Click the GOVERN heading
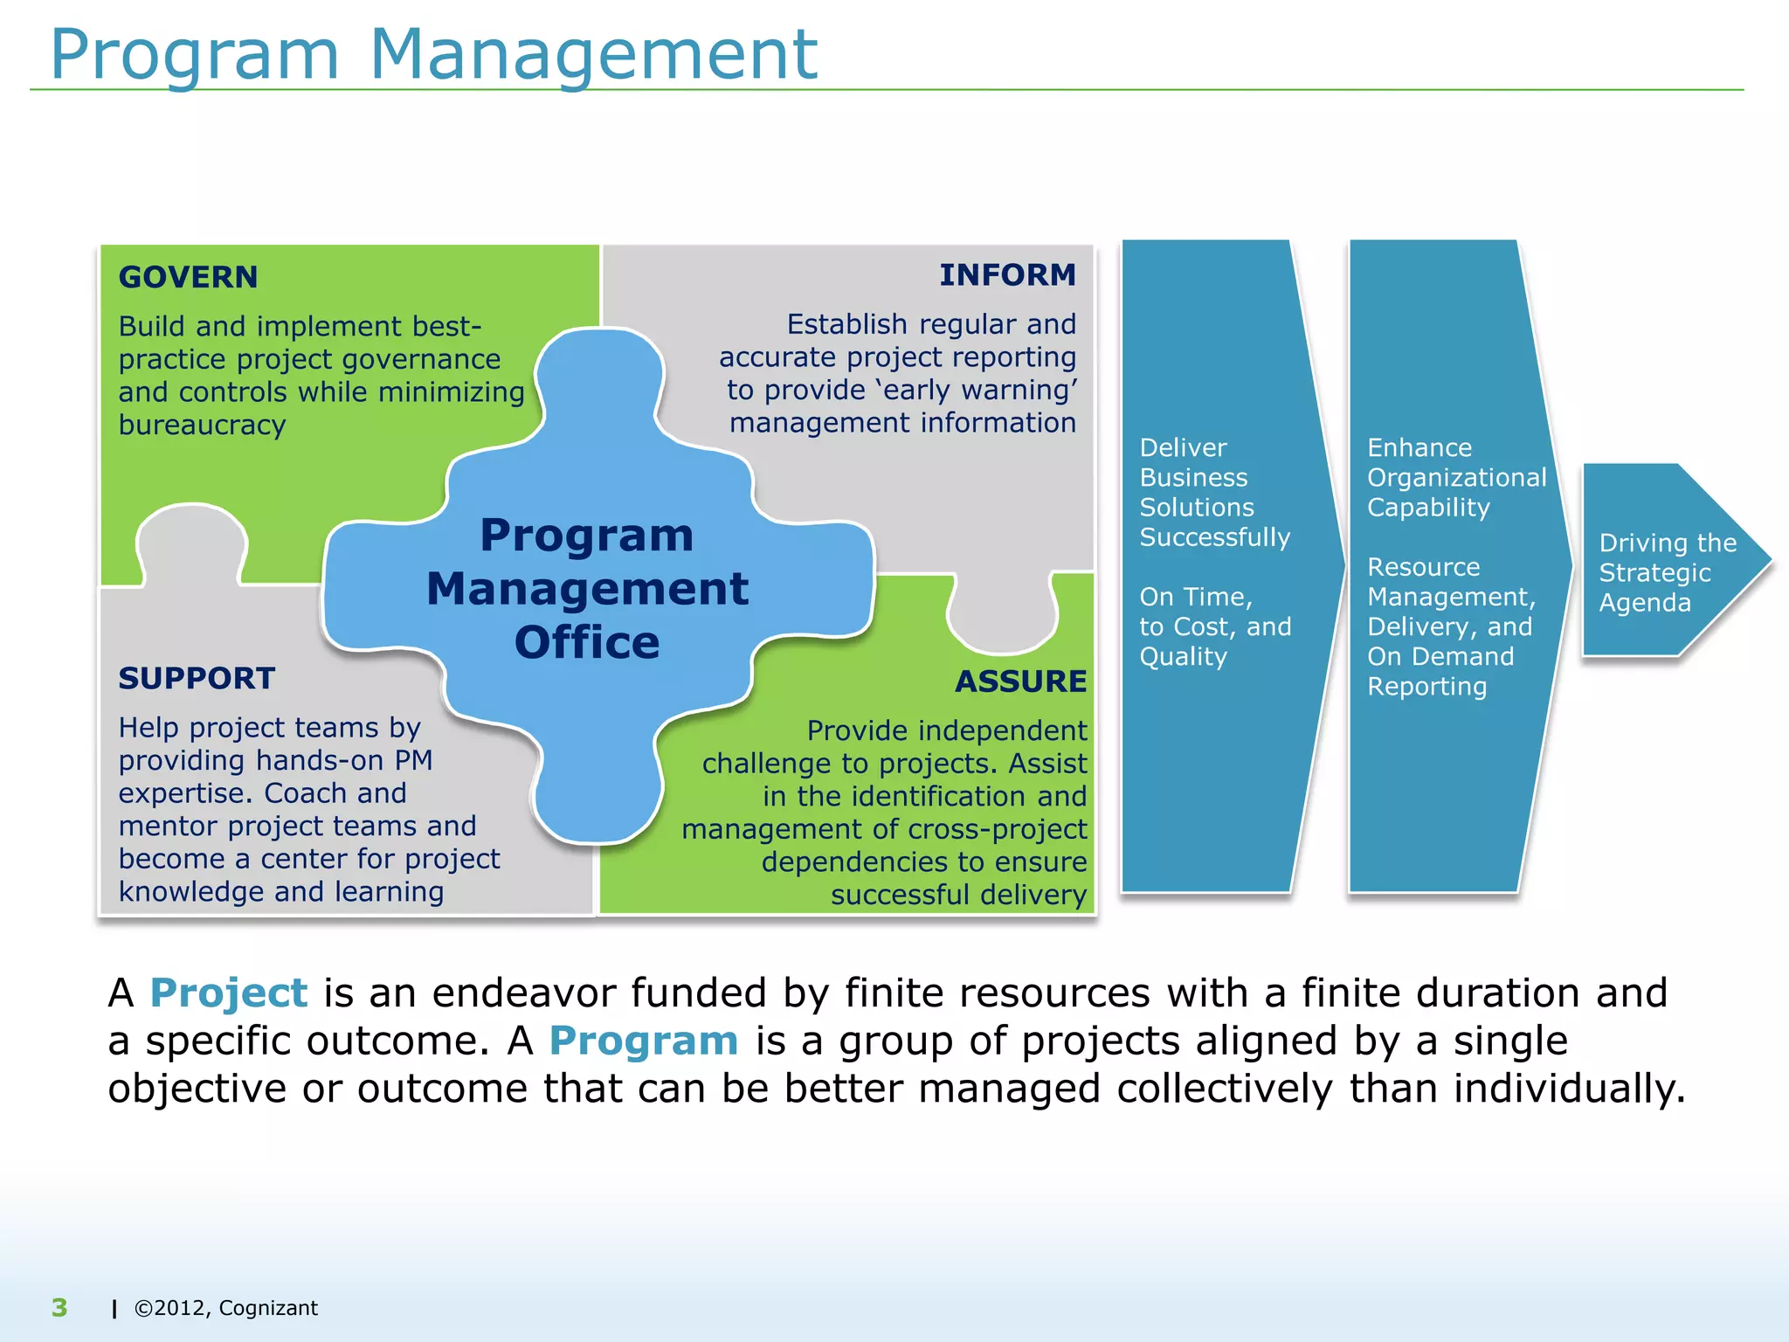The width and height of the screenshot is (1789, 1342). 188,277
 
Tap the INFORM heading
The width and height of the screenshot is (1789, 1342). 1007,274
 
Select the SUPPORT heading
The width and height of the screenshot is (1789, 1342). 197,678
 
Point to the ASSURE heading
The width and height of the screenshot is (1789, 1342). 1020,681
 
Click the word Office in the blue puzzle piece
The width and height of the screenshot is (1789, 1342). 586,643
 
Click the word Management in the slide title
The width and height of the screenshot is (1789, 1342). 593,54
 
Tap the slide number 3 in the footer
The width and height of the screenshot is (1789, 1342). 59,1307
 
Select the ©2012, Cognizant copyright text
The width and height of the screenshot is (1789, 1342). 225,1308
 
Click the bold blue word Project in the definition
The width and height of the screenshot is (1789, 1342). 228,993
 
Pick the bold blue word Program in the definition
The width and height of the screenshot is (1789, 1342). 643,1041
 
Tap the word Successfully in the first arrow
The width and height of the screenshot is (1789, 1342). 1214,537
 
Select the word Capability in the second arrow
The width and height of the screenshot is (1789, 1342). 1428,508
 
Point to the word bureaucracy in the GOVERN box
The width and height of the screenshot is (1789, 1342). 202,425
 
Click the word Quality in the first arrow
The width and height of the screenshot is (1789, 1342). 1183,656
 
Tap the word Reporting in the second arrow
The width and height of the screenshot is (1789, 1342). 1426,687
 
